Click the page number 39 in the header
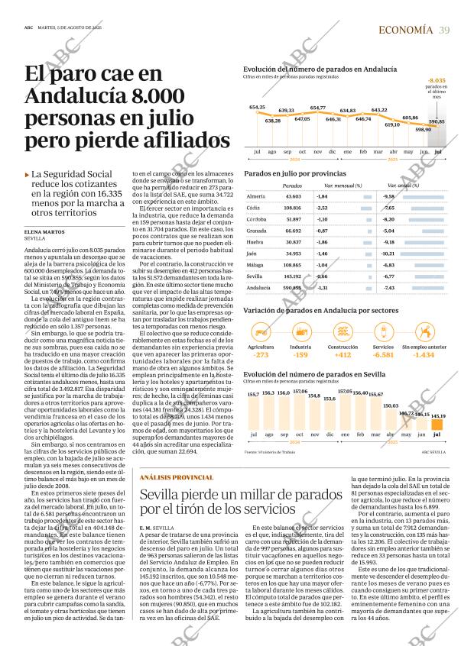point(444,30)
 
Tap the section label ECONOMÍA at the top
point(406,30)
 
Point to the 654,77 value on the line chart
point(317,108)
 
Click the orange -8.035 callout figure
point(437,80)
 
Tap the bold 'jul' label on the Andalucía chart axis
point(437,152)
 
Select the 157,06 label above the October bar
point(300,390)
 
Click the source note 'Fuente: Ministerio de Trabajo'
point(270,452)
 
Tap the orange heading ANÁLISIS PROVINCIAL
point(177,477)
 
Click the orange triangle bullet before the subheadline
point(28,175)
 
